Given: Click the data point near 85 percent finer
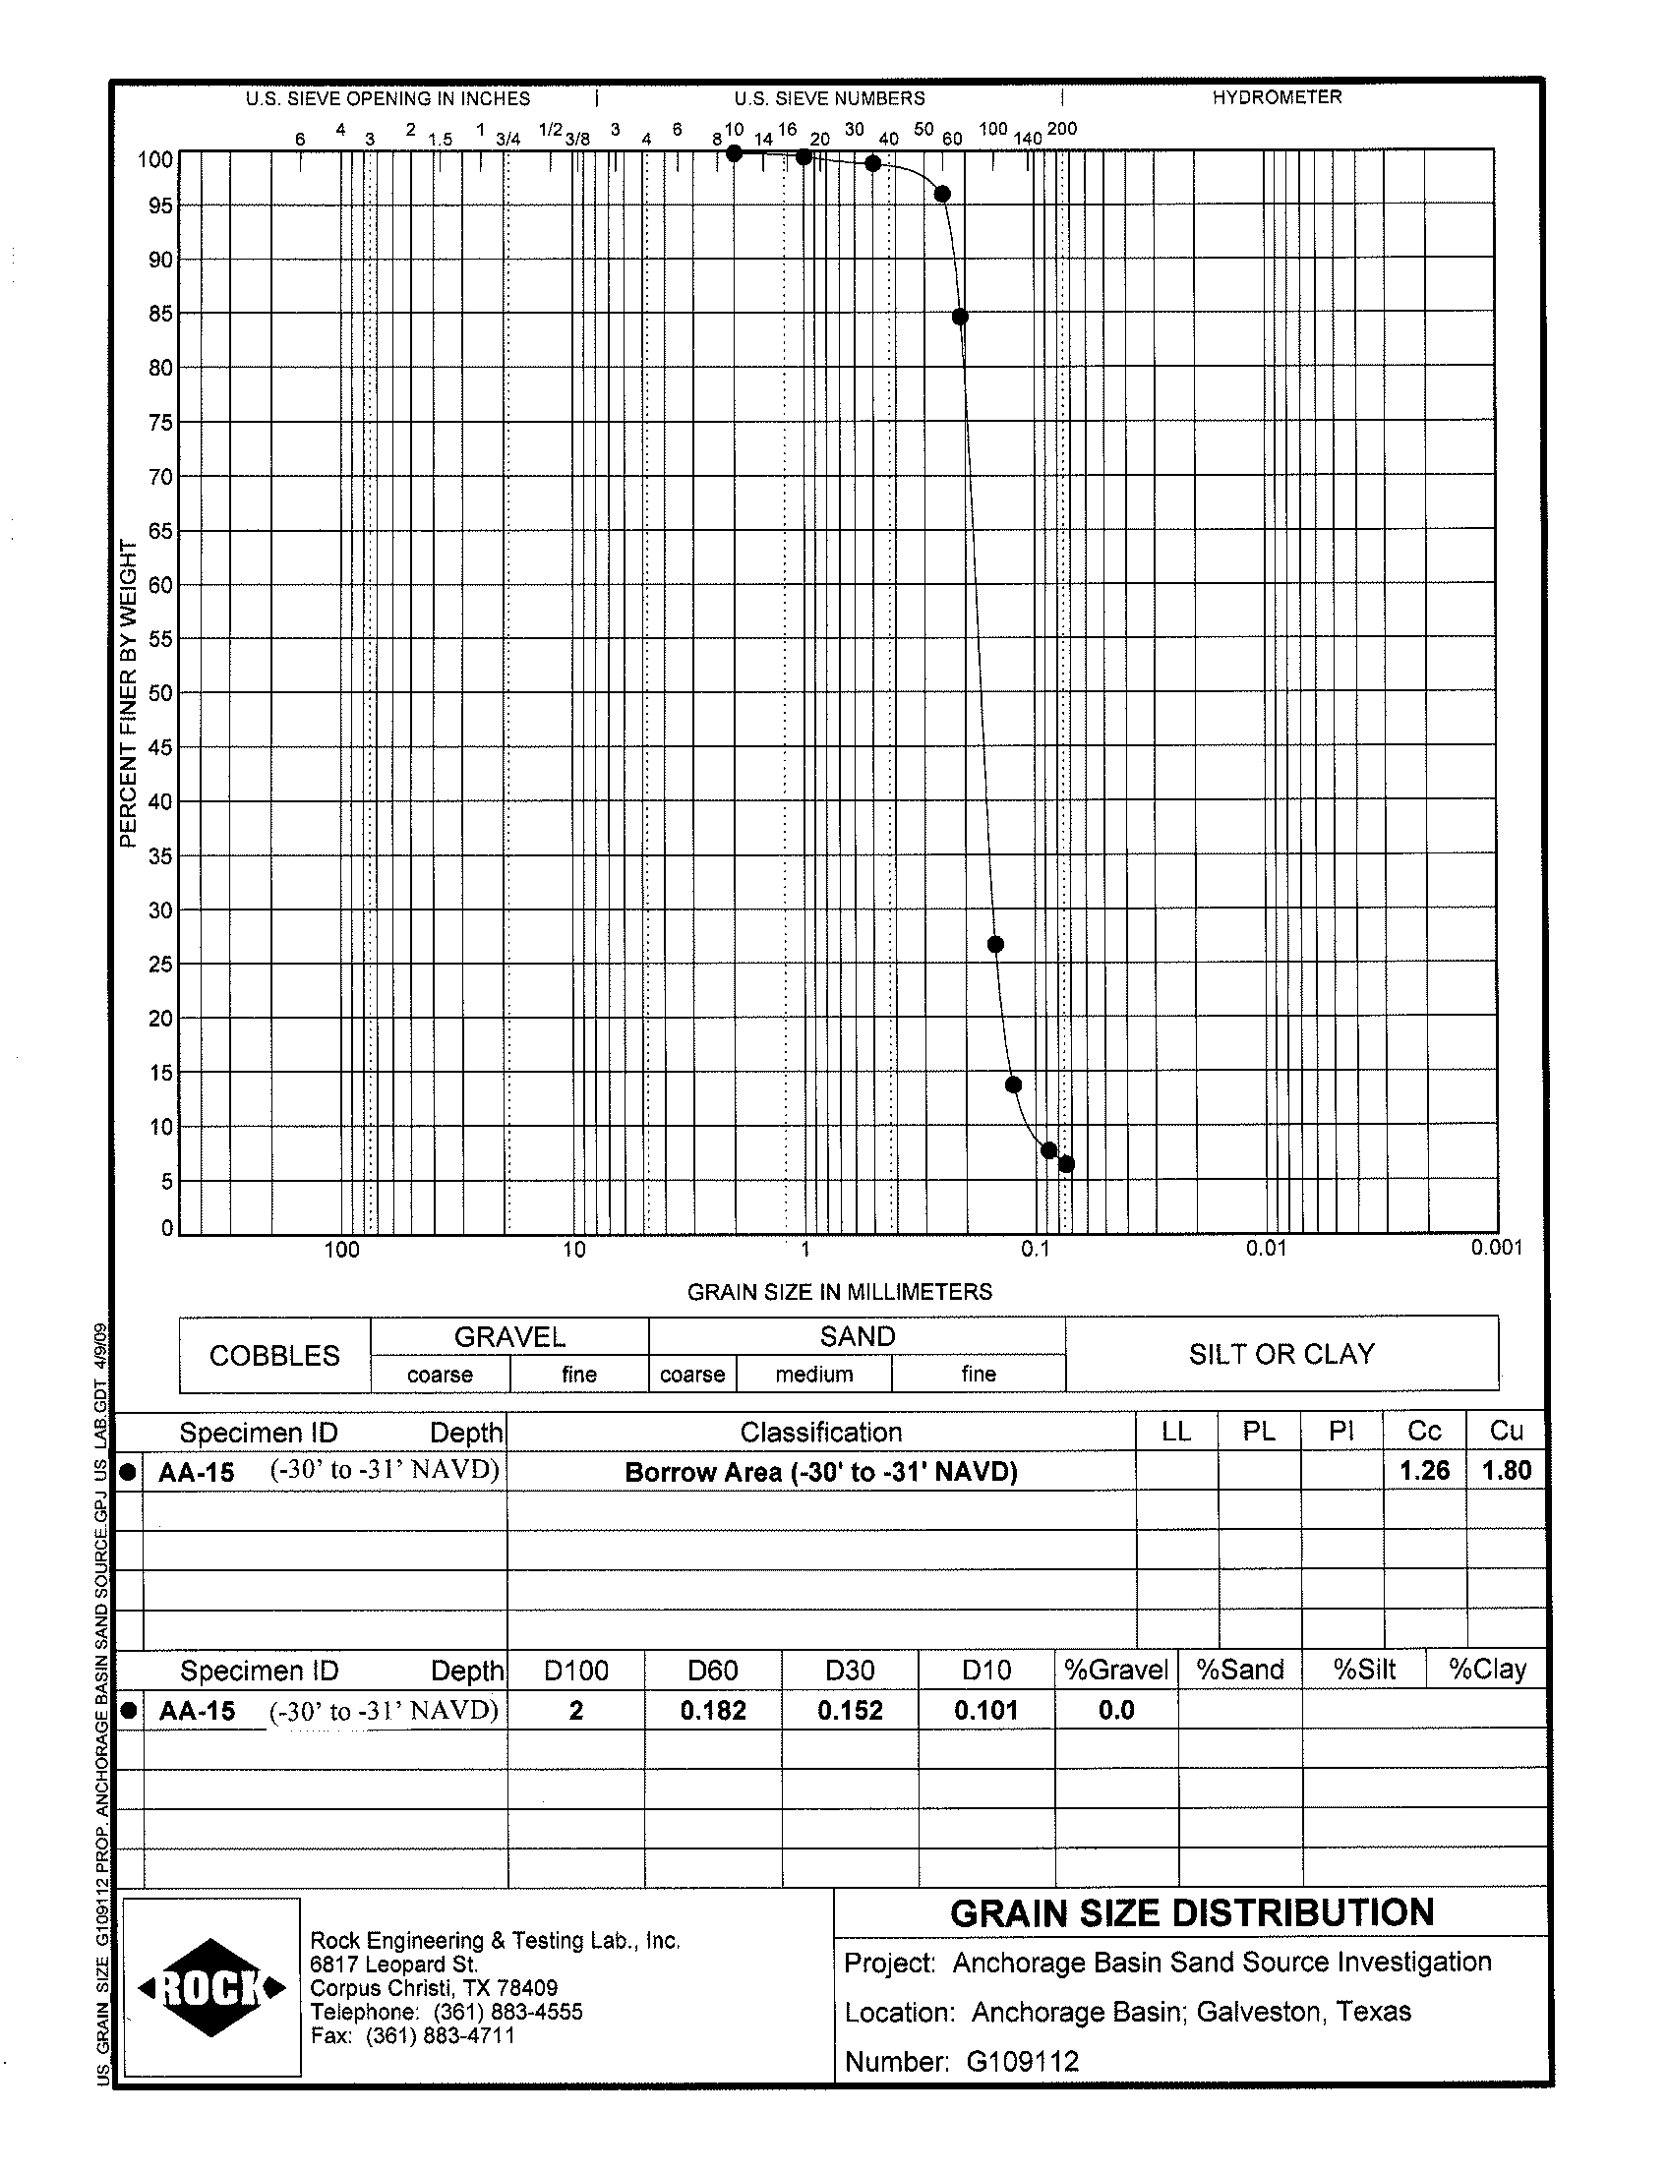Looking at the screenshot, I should click(959, 317).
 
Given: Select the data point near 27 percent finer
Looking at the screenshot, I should click(995, 944).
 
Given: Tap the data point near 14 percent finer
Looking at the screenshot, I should click(1013, 1085).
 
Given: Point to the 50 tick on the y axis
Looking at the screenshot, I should click(160, 693).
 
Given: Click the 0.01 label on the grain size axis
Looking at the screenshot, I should click(1266, 1248).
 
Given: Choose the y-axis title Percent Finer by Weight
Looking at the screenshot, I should click(127, 693).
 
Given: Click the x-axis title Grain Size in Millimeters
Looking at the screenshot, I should click(839, 1291).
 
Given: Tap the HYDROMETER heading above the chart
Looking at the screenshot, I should click(1276, 97).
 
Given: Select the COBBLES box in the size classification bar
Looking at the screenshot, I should click(274, 1355).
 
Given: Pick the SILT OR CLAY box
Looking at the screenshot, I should click(1281, 1354).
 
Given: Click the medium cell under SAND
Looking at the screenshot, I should click(813, 1374).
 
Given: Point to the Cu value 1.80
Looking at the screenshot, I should click(1505, 1470).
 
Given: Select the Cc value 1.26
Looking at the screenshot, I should click(1424, 1470).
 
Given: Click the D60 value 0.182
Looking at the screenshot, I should click(712, 1711).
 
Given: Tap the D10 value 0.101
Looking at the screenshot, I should click(984, 1711).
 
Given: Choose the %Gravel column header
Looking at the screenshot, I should click(1115, 1670).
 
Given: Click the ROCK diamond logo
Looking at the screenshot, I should click(212, 1987).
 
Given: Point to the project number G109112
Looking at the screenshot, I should click(1023, 2062).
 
